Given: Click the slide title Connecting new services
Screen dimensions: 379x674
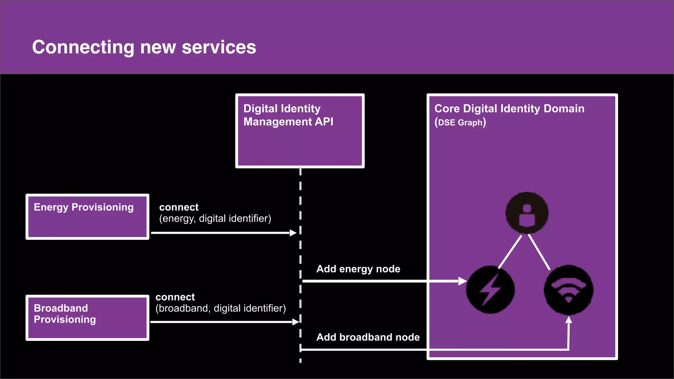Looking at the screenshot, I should [x=144, y=47].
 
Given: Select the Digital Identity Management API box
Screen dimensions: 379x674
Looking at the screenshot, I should [x=300, y=131].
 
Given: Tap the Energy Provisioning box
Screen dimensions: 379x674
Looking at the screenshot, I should [x=87, y=216].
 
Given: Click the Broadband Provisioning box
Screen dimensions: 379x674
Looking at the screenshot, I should [x=87, y=317].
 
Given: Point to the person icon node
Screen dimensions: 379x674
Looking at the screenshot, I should [x=527, y=213].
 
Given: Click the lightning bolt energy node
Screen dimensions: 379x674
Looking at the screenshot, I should [x=490, y=290].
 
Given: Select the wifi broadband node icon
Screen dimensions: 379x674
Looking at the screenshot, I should [x=568, y=290].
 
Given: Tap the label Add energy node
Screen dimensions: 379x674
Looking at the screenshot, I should [x=358, y=269].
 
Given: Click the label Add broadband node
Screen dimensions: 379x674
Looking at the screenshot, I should [x=368, y=337].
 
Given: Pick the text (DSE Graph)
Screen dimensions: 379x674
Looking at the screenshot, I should [x=460, y=122].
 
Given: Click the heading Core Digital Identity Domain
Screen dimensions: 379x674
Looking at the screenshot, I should [x=509, y=109].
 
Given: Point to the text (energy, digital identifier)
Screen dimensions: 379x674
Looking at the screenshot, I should [x=215, y=218].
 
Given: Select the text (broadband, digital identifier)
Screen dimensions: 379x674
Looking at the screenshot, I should [x=220, y=308].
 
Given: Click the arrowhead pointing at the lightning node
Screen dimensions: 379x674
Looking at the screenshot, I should [x=463, y=281].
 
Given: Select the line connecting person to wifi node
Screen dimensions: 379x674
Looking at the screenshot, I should [x=539, y=252].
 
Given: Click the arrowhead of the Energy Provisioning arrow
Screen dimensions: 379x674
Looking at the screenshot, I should [x=293, y=233].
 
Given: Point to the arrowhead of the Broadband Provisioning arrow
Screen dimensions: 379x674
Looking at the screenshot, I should [x=295, y=322].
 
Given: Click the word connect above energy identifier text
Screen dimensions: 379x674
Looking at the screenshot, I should [x=179, y=207].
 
